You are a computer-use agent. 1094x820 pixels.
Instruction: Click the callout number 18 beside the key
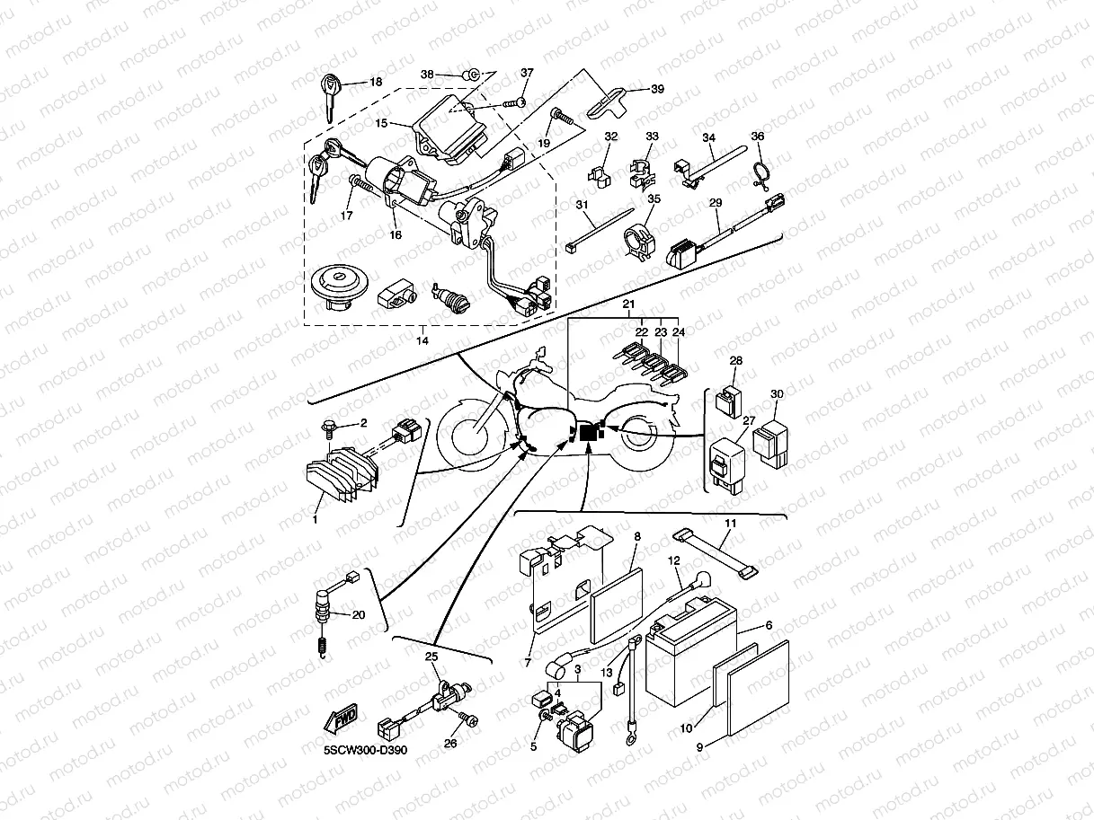[376, 82]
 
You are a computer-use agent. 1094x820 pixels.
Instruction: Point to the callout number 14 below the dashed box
[422, 340]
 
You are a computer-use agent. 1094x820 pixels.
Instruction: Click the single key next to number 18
[330, 98]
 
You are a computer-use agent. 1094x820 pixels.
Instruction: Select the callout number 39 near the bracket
[657, 89]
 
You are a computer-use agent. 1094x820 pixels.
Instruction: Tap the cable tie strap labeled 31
[595, 231]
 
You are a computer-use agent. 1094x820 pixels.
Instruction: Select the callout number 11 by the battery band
[731, 523]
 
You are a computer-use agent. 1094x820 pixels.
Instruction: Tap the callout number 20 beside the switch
[359, 615]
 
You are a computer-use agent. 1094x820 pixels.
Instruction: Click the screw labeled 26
[467, 719]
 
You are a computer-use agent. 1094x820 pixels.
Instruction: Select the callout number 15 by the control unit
[381, 122]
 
